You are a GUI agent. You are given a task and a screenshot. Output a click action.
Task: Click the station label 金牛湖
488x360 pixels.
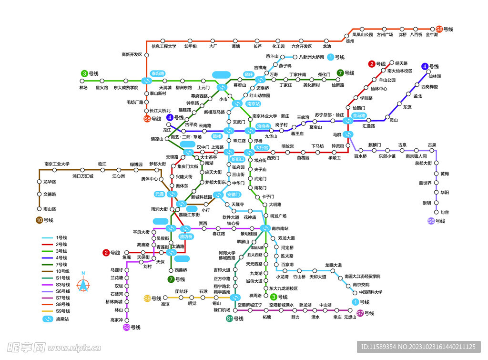click(432, 35)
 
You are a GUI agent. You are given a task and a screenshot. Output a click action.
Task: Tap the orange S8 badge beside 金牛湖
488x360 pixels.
click(439, 29)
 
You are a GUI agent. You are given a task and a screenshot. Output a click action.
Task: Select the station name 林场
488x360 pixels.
click(84, 88)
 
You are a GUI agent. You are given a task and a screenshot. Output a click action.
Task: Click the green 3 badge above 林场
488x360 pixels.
click(84, 73)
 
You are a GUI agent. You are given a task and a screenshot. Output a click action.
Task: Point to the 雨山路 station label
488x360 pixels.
click(50, 209)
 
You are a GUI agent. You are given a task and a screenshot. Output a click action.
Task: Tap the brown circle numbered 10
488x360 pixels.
click(39, 220)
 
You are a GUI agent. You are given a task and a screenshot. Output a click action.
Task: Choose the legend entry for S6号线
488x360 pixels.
click(62, 291)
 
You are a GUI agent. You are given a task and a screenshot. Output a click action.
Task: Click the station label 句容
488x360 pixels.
click(445, 212)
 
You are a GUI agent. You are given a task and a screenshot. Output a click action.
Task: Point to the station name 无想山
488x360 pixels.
click(350, 317)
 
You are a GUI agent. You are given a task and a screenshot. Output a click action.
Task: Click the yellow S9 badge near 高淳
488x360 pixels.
click(147, 298)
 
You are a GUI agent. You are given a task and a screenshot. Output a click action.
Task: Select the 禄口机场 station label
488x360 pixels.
click(222, 310)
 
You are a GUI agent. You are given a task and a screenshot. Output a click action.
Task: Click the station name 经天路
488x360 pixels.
click(401, 63)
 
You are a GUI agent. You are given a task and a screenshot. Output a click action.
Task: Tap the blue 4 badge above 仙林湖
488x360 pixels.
click(425, 66)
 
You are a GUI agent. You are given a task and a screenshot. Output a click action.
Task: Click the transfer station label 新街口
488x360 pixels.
click(237, 159)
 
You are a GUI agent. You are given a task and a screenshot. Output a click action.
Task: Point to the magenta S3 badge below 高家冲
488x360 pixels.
click(126, 327)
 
